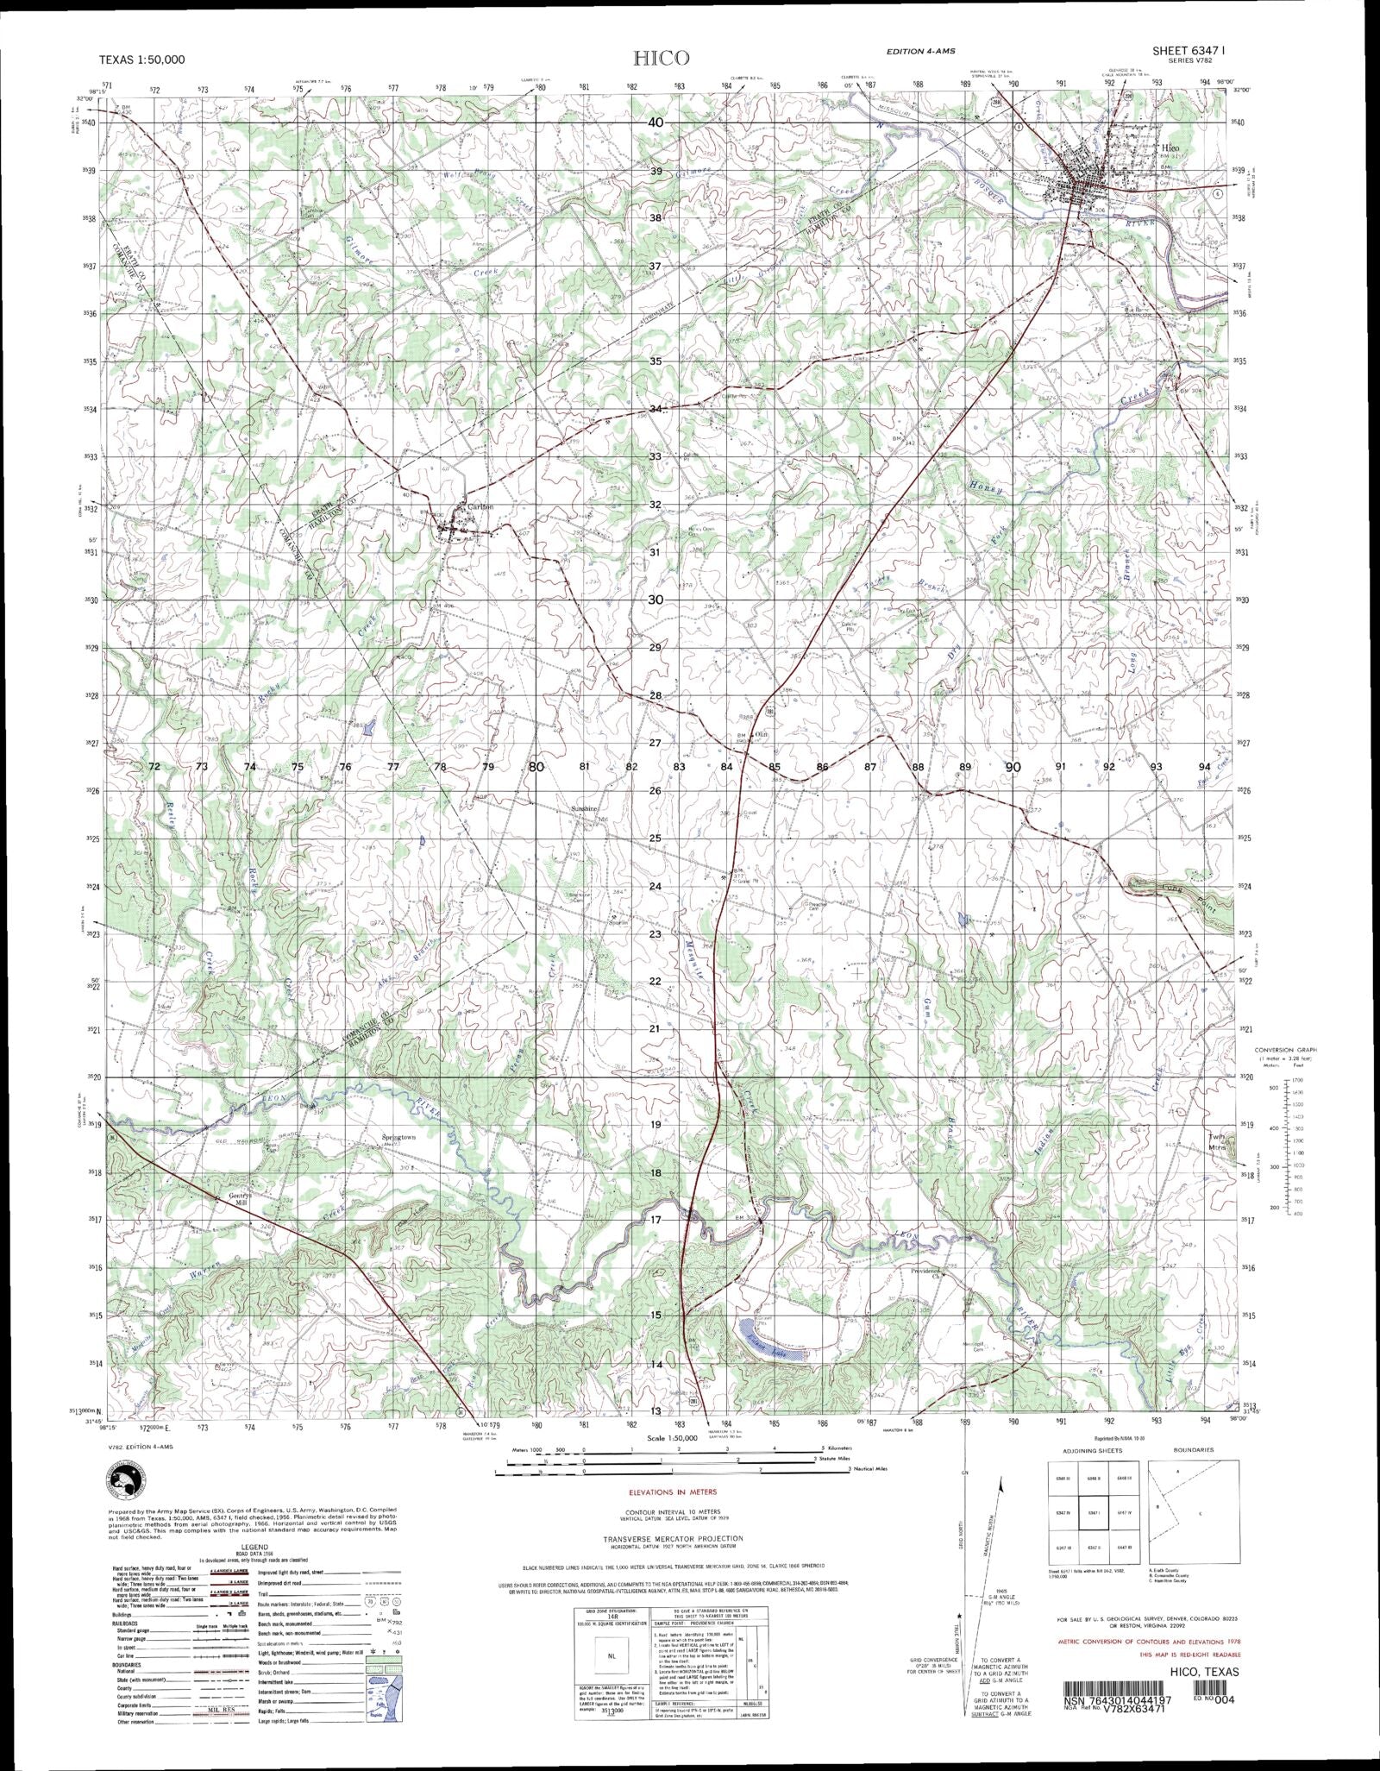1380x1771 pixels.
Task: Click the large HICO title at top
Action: click(662, 59)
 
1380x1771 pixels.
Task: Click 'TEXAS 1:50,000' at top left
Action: click(143, 60)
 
